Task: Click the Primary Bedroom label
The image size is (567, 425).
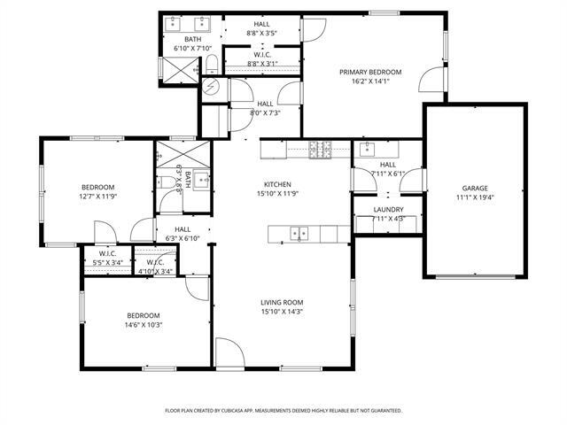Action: [x=371, y=72]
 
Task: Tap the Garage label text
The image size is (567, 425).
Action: [x=474, y=189]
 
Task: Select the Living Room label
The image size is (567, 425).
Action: [x=282, y=302]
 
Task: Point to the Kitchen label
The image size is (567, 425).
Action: [x=277, y=184]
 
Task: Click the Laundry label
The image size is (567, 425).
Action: [x=388, y=210]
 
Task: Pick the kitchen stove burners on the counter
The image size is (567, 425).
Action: [x=319, y=149]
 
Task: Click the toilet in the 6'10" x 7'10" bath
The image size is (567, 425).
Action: [x=213, y=62]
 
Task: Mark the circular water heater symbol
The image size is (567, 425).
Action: [x=213, y=87]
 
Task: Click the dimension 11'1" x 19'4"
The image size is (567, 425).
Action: [x=474, y=197]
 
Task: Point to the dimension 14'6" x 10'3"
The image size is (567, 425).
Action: [x=143, y=325]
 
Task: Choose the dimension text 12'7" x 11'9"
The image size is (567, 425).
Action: [x=98, y=197]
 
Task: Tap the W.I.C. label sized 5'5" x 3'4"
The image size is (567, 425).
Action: [x=109, y=253]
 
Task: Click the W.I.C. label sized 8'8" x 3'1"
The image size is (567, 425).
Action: [x=261, y=55]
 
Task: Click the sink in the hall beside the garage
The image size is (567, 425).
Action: [x=370, y=148]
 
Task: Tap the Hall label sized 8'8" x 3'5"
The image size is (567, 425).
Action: [x=261, y=24]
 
